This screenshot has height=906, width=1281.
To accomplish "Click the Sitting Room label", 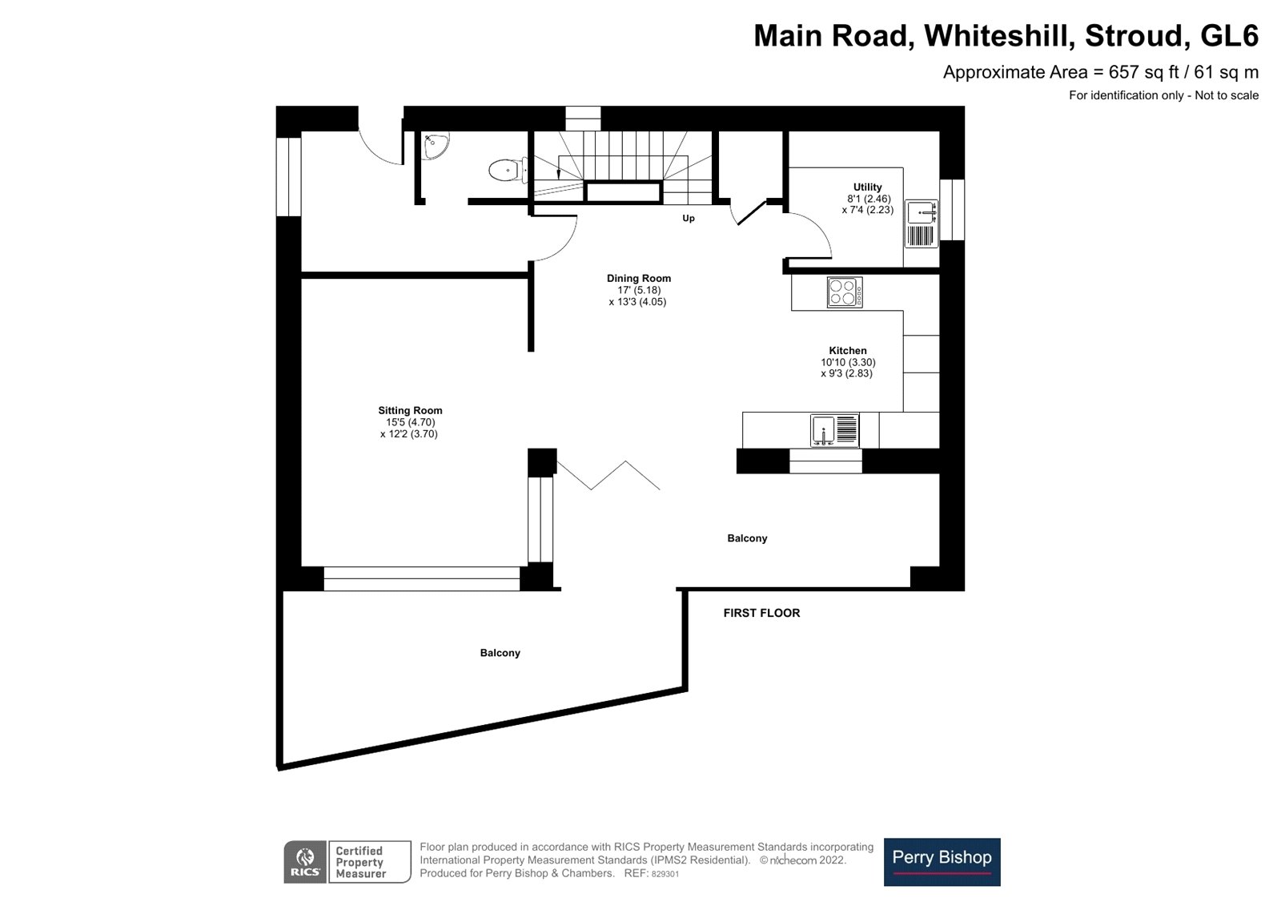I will coord(410,410).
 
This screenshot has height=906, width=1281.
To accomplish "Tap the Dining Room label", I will coord(638,278).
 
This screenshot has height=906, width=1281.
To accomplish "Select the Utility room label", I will coord(867,187).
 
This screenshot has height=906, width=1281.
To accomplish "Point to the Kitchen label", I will coord(847,350).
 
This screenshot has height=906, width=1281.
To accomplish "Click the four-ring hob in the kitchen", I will coord(845,292).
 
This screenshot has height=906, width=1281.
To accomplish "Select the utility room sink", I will coord(922,213).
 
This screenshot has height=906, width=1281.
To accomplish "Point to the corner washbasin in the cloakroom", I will coord(436,146).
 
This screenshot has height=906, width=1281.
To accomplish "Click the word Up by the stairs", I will coord(688,218).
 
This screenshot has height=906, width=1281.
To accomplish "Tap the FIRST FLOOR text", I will coord(761,613).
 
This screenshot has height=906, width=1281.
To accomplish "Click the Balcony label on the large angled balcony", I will coord(500,653).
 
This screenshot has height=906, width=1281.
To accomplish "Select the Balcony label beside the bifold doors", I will coord(747,538).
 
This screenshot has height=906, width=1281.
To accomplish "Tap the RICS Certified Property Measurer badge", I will coord(347,862).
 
